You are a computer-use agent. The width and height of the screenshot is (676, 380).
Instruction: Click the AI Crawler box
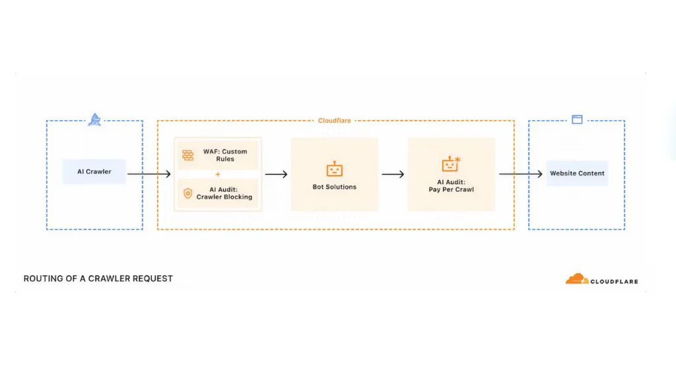(94, 172)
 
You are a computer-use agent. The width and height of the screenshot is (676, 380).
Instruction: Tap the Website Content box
(577, 173)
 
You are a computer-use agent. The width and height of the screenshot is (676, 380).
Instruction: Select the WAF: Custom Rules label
(224, 155)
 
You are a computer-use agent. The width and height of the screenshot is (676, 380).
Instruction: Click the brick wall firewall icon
(188, 155)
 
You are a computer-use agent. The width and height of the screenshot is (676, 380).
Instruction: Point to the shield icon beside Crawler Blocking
(188, 193)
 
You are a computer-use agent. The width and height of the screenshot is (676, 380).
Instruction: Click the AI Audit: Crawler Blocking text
(224, 193)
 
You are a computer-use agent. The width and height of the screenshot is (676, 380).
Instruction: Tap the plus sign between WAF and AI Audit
(218, 174)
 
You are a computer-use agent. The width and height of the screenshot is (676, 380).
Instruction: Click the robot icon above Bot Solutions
(335, 170)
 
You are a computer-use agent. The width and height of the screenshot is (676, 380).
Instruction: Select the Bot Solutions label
(335, 187)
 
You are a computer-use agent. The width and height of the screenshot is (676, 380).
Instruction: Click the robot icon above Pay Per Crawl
(451, 165)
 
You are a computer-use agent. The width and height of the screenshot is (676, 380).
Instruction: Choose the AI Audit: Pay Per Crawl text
(451, 186)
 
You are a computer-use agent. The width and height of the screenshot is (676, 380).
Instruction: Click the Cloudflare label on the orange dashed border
(335, 121)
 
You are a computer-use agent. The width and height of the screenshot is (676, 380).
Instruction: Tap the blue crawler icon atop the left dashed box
(95, 120)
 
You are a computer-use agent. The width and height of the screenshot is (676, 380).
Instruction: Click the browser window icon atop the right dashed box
(577, 120)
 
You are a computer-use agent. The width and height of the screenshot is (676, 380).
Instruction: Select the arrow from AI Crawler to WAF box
(149, 174)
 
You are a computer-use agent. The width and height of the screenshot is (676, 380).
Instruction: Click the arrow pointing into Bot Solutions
(276, 174)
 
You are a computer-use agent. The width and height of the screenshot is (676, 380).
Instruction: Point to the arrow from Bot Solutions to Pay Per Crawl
(393, 174)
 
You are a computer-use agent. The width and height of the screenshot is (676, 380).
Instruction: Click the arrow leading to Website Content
(520, 174)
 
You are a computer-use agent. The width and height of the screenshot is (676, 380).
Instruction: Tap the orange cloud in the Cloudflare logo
(576, 279)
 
